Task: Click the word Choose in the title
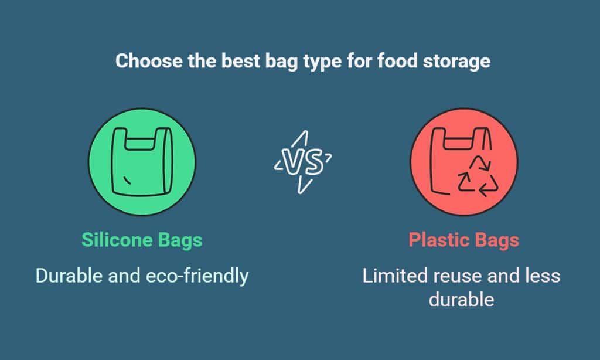tap(149, 61)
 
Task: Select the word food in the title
tap(397, 61)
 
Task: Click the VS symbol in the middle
tap(303, 162)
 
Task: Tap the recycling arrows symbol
tap(478, 176)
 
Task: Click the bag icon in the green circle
tap(142, 162)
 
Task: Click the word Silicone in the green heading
tap(117, 240)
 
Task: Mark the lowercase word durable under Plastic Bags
tap(462, 300)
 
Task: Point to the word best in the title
tap(241, 61)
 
